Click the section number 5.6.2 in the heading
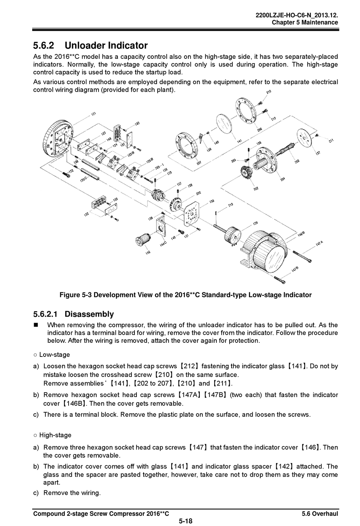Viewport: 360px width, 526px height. pos(44,46)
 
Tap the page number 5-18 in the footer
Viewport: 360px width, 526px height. pos(186,521)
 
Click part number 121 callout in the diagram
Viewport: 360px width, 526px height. pos(94,113)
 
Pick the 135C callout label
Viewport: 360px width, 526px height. pos(84,178)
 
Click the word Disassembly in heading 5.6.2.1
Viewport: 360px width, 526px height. pos(89,314)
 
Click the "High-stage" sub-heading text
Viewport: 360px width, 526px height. pos(55,435)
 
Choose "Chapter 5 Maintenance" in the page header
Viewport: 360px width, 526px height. pos(305,22)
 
